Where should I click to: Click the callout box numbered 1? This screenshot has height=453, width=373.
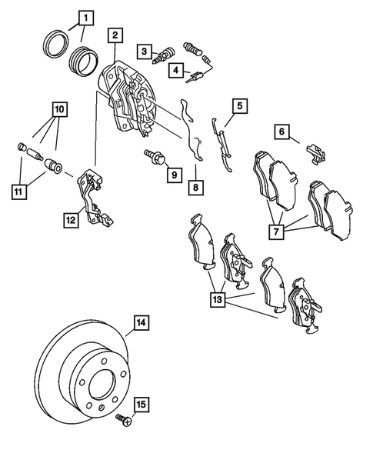click(x=86, y=18)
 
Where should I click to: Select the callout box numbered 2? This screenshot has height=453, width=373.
click(x=115, y=35)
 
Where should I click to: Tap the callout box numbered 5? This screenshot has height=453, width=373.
click(x=240, y=106)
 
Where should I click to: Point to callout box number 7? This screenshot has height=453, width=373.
click(x=276, y=231)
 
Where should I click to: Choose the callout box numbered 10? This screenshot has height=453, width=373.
click(x=59, y=109)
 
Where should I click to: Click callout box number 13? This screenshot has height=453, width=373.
click(x=218, y=300)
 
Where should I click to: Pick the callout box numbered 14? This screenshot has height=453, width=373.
click(x=142, y=322)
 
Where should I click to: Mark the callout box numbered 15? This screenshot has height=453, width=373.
click(x=142, y=405)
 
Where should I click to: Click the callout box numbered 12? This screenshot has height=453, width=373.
click(x=71, y=220)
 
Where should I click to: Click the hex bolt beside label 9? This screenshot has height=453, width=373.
click(x=155, y=156)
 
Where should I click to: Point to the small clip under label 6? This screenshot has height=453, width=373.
click(x=316, y=154)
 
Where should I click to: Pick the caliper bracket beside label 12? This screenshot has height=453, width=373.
click(x=93, y=196)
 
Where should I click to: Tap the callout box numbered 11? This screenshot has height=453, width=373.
click(x=19, y=192)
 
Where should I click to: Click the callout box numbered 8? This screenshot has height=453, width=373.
click(x=196, y=188)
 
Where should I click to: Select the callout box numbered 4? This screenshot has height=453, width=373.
click(x=176, y=70)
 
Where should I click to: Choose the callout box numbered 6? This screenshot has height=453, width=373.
click(x=282, y=132)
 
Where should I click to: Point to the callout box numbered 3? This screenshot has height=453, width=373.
click(x=144, y=52)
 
